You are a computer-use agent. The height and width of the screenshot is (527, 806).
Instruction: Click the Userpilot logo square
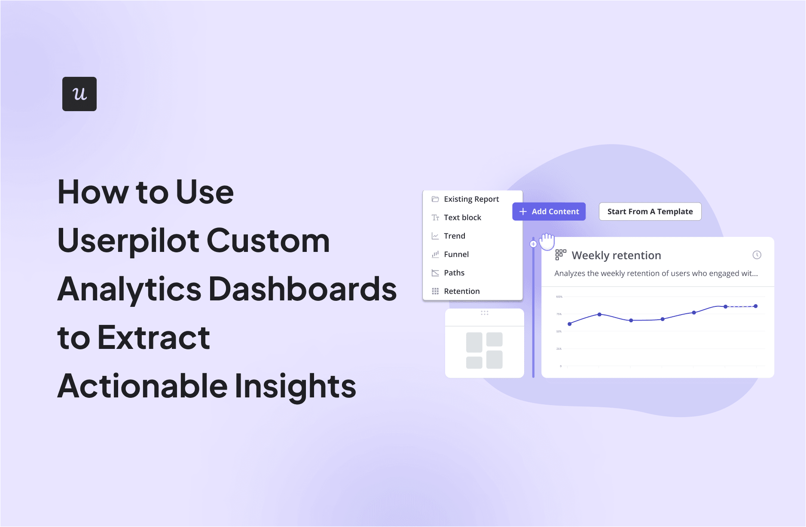[x=79, y=94]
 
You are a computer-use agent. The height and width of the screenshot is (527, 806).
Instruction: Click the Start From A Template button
[x=650, y=212]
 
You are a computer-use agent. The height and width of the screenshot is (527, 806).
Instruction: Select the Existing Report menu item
[x=471, y=199]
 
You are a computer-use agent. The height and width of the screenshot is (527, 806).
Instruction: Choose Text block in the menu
[x=462, y=218]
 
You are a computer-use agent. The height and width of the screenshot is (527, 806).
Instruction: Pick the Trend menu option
[x=454, y=236]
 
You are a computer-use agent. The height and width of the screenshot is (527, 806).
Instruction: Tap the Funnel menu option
[x=456, y=254]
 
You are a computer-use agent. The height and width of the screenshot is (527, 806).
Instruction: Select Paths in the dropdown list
[x=454, y=273]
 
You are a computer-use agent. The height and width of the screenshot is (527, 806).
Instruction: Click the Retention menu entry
[x=461, y=291]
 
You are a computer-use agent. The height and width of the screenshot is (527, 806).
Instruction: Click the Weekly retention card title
[x=616, y=255]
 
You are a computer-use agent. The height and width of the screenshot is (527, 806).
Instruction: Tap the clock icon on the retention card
[x=757, y=255]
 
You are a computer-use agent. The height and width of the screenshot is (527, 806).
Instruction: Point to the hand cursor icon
[x=547, y=242]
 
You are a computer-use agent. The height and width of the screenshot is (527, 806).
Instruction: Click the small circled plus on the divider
[x=533, y=244]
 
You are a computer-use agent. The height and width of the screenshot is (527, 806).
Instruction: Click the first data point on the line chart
[x=570, y=324]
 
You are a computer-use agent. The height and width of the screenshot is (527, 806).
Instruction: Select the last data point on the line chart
[x=756, y=306]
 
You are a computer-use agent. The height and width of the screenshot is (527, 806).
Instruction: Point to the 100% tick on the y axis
[x=559, y=297]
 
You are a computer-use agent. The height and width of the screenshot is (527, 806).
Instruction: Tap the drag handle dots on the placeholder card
[x=485, y=313]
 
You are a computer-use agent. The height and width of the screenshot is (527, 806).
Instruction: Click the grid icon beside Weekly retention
[x=561, y=254]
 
